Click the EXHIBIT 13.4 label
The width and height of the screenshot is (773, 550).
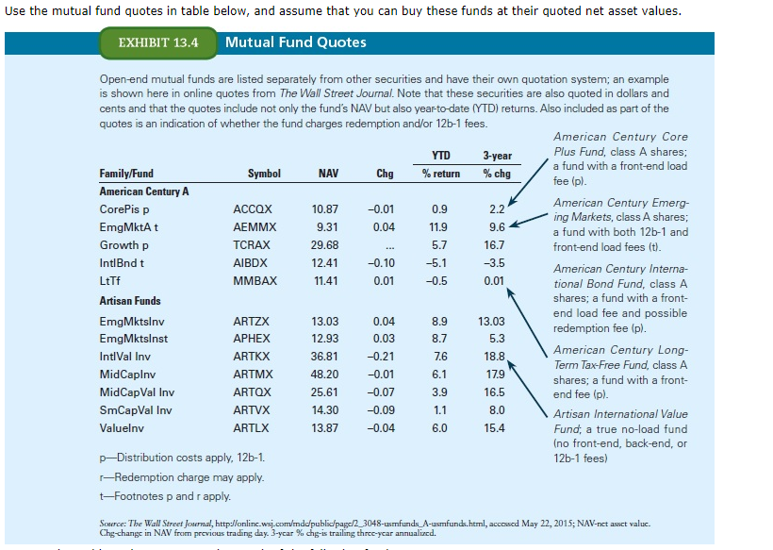pos(158,42)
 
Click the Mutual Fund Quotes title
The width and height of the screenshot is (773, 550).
pos(296,42)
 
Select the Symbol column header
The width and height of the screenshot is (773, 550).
pos(264,174)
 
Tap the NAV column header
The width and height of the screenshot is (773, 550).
pos(328,174)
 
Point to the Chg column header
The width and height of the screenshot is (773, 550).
pos(385,174)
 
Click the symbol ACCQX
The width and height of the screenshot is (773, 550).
pos(252,208)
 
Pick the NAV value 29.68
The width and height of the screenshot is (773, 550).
pos(324,244)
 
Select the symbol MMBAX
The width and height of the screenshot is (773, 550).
pos(255,280)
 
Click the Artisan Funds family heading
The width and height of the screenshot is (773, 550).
pos(130,301)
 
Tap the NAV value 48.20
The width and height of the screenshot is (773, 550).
pos(324,375)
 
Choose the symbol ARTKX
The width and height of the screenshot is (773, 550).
pos(251,357)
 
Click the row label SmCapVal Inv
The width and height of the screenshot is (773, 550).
pos(136,410)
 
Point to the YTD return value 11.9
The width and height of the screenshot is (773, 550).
pos(437,226)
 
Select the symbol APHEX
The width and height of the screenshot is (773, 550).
pos(252,339)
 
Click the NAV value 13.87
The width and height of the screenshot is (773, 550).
pos(324,428)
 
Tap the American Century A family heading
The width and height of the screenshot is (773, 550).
pos(144,192)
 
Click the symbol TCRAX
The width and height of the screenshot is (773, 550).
pos(252,244)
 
